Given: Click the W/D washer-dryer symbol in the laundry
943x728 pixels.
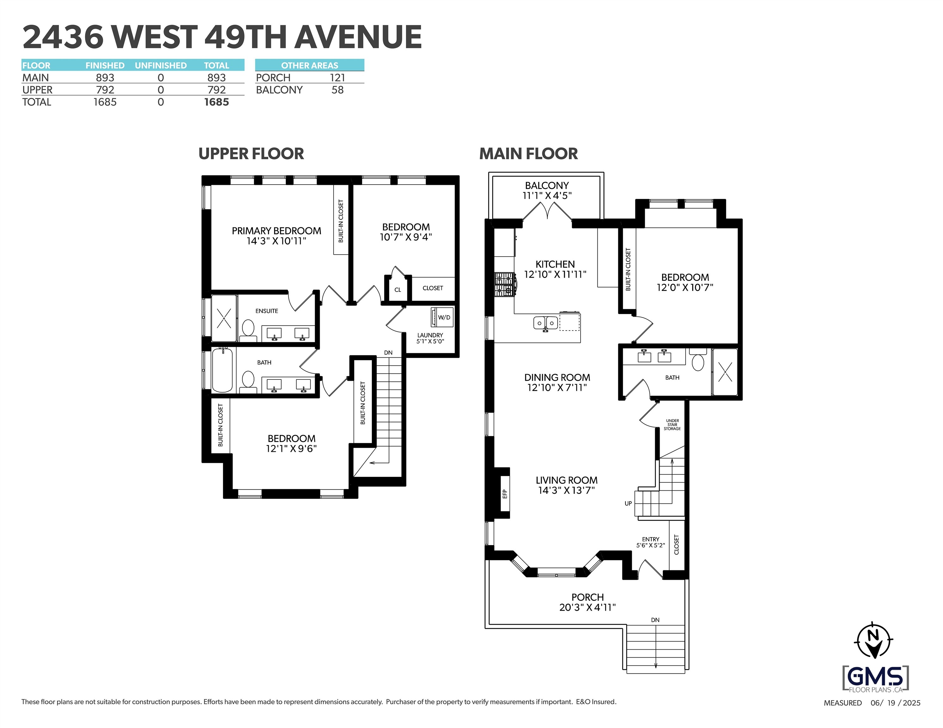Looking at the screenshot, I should click(441, 317).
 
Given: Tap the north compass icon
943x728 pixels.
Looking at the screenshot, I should click(873, 640).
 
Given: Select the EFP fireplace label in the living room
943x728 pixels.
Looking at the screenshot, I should click(504, 494).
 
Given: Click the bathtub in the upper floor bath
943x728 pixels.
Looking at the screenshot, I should click(222, 370).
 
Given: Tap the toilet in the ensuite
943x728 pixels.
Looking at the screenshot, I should click(248, 328).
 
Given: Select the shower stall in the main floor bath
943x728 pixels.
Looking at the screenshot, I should click(725, 372).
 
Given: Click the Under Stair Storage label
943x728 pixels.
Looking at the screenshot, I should click(672, 425).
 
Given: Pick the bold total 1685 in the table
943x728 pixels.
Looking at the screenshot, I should click(216, 102).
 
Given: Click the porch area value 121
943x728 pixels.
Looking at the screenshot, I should click(337, 78).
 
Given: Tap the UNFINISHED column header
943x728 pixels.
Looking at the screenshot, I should click(161, 66).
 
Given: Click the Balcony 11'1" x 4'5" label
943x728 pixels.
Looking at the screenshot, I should click(547, 190).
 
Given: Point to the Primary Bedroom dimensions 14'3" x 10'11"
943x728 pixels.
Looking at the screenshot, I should click(276, 241).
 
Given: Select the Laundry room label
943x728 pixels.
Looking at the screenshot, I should click(430, 335).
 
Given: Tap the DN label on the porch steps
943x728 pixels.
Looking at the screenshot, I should click(655, 620).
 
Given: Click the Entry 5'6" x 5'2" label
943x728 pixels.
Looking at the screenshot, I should click(650, 542).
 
